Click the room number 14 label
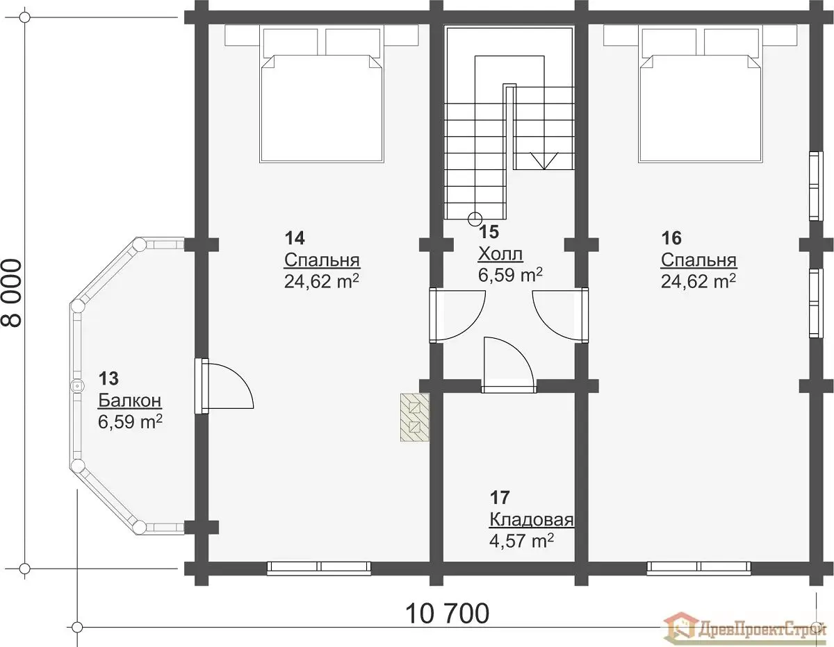(x=295, y=238)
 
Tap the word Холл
(x=500, y=254)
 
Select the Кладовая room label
(x=532, y=520)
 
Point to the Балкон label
(x=130, y=401)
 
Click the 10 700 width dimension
(x=447, y=614)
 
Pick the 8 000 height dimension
(x=12, y=293)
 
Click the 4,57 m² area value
(x=521, y=541)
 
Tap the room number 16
(x=671, y=238)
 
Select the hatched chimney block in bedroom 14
(x=414, y=417)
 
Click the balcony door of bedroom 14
(x=224, y=386)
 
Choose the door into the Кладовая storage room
(x=509, y=365)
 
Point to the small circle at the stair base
(x=475, y=219)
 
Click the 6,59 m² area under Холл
(x=510, y=275)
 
